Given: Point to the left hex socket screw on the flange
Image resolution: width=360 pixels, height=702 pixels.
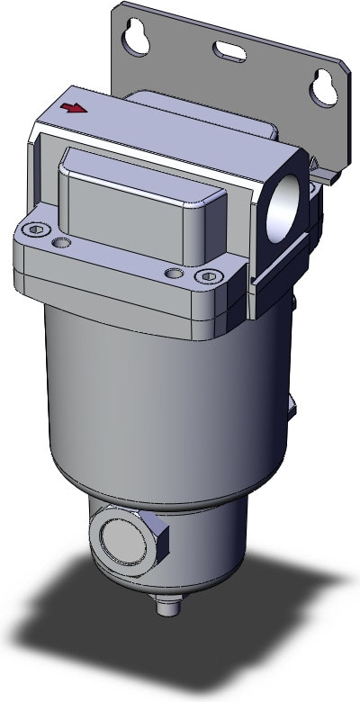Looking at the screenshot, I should (34, 231).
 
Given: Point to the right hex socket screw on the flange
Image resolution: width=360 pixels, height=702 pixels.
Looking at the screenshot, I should (210, 275).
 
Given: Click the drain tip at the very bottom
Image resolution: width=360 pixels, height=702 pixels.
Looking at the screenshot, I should (165, 607).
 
